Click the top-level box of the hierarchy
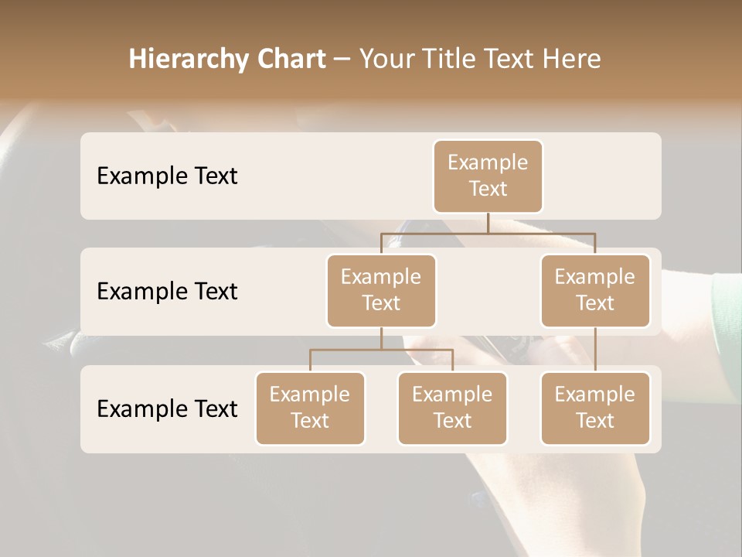(x=488, y=176)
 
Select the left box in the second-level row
(x=381, y=290)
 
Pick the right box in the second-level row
(x=595, y=290)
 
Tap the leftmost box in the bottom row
(x=310, y=408)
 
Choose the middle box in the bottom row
(x=452, y=408)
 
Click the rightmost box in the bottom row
(x=595, y=408)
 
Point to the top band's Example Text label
(x=167, y=176)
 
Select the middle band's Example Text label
(x=167, y=291)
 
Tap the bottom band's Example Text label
(x=167, y=408)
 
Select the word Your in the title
(x=384, y=59)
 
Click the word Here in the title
(x=572, y=59)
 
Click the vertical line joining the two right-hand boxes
(x=595, y=350)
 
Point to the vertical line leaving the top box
(x=488, y=223)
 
